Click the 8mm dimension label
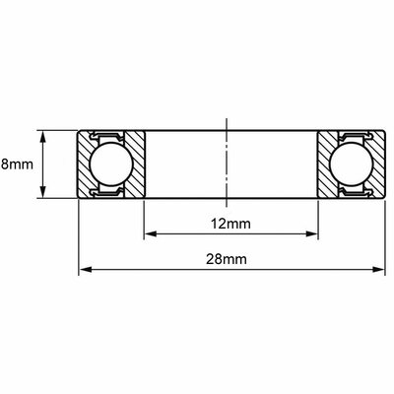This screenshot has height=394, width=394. click(17, 164)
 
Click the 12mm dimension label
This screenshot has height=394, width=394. click(230, 224)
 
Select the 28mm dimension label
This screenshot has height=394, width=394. click(227, 259)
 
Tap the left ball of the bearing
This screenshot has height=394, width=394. click(110, 164)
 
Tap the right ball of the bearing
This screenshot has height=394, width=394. click(352, 164)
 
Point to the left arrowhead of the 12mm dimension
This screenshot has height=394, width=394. click(150, 233)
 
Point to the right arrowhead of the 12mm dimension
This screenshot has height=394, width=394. click(312, 233)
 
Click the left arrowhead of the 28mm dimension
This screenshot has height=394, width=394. click(85, 270)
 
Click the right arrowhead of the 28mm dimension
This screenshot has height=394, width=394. click(378, 270)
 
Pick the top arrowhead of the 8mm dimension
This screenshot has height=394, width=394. click(42, 137)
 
